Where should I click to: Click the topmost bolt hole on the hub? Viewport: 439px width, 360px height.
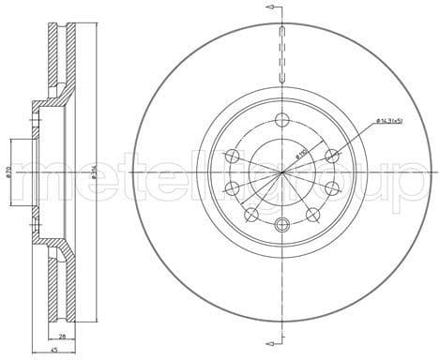(283, 120)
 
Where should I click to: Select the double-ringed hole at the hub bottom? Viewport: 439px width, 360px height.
(283, 222)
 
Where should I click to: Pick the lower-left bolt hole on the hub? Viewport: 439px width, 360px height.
(251, 214)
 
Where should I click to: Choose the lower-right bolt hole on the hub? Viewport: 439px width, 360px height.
(313, 214)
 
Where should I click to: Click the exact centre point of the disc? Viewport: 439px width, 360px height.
(283, 172)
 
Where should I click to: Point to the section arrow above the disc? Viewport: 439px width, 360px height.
(272, 7)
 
